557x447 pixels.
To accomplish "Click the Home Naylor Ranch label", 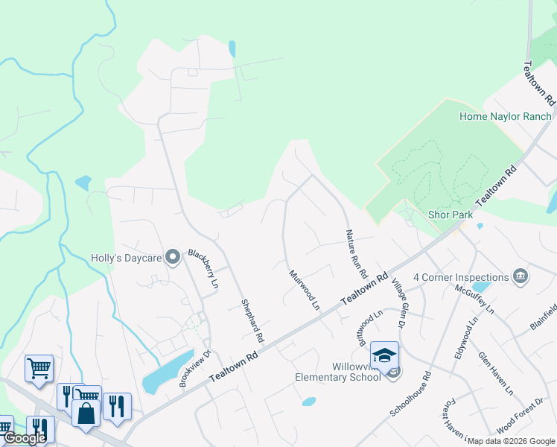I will [506, 116].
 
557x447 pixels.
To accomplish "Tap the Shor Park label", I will [451, 215].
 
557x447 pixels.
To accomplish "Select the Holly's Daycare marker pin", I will [173, 258].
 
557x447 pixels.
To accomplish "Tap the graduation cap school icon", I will [384, 355].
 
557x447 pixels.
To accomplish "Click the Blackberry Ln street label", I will [203, 269].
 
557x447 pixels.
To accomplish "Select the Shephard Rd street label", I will [252, 320].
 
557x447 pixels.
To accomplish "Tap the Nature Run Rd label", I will [356, 254].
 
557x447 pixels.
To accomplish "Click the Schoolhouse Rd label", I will [410, 395].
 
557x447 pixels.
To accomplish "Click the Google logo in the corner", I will [25, 438].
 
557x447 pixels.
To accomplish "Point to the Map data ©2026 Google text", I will [510, 441].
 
